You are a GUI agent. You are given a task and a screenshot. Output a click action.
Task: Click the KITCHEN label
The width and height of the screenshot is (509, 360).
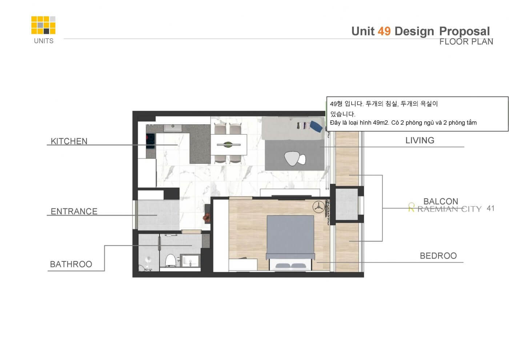(69, 141)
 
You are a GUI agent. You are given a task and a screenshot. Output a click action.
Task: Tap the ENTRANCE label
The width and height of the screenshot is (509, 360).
(74, 211)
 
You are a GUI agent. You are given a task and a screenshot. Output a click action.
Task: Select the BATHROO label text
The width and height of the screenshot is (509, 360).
(71, 264)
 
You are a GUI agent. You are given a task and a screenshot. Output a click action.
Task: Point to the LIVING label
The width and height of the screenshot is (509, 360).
(420, 140)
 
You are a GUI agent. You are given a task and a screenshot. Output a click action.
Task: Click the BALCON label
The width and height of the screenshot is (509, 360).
(441, 201)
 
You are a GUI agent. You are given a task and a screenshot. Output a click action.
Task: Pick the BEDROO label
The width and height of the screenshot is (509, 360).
(438, 256)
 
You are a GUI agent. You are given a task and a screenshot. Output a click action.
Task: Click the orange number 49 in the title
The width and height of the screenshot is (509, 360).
(384, 31)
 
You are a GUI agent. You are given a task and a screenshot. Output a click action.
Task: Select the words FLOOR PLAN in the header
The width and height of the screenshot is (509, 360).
(466, 41)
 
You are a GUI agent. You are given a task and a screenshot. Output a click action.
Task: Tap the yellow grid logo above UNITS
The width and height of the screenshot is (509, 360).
(43, 25)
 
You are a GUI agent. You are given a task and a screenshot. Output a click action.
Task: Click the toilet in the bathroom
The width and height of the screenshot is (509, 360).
(170, 260)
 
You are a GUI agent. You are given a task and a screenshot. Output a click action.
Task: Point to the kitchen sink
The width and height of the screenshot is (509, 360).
(173, 128)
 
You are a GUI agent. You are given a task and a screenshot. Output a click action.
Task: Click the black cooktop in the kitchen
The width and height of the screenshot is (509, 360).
(151, 141)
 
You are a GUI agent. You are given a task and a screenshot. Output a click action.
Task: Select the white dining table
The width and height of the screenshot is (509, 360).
(229, 145)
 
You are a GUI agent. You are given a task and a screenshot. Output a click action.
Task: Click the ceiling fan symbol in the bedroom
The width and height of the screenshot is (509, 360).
(318, 207)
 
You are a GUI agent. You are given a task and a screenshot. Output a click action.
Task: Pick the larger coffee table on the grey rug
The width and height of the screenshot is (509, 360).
(292, 158)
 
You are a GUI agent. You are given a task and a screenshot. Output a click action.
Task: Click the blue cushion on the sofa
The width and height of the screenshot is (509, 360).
(316, 127)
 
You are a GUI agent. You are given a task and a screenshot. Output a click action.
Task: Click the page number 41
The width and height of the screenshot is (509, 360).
(490, 208)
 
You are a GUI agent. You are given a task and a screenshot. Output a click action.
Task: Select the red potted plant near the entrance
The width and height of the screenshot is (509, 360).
(206, 218)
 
